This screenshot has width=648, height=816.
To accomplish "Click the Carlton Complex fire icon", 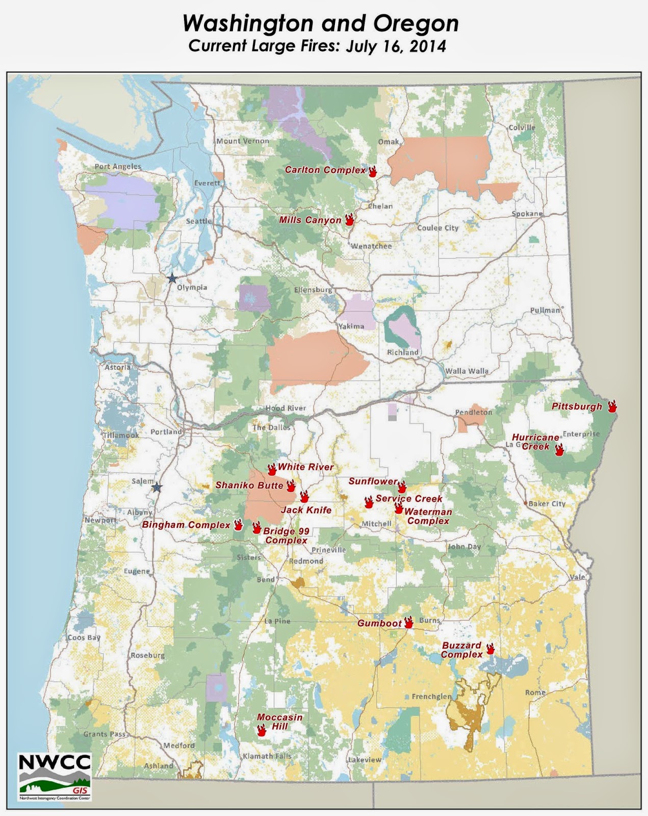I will tap(373, 171).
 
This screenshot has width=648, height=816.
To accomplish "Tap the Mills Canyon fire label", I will tap(310, 220).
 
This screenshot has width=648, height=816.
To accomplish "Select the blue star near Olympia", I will tap(172, 278).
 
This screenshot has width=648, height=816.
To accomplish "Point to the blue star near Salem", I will tap(157, 488).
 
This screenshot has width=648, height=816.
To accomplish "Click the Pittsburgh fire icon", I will tap(612, 406).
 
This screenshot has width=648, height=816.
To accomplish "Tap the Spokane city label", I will tap(527, 214).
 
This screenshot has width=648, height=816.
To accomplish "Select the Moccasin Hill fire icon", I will tap(262, 730).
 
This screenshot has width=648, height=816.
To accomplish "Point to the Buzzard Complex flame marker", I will tap(490, 649).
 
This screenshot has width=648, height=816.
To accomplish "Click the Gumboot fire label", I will tap(379, 623).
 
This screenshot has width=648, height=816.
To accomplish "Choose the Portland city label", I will tap(166, 432).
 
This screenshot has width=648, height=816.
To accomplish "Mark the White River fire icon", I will tap(272, 469).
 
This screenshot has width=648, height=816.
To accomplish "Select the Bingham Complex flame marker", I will tap(238, 525).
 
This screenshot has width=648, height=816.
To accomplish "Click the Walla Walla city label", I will tap(466, 371).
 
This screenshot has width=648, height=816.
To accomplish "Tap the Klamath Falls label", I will tap(267, 756).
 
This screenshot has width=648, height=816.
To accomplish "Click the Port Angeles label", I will tap(118, 167).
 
